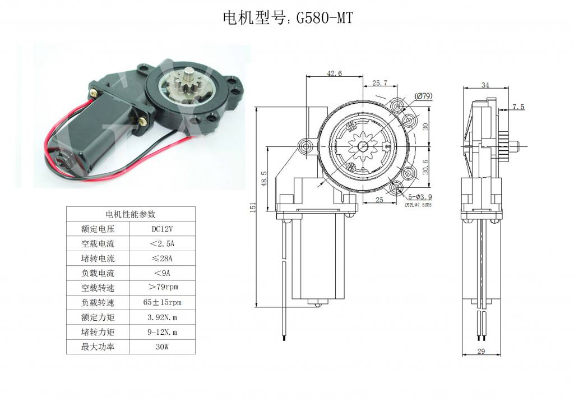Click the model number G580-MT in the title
pyautogui.click(x=324, y=18)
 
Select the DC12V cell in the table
pyautogui.click(x=163, y=229)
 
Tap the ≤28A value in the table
pyautogui.click(x=163, y=259)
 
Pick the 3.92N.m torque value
pyautogui.click(x=163, y=317)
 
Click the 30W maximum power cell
pyautogui.click(x=163, y=347)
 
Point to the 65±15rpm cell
pyautogui.click(x=163, y=303)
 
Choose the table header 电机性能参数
pyautogui.click(x=131, y=214)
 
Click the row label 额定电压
pyautogui.click(x=98, y=229)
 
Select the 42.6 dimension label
pyautogui.click(x=334, y=73)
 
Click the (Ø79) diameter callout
pyautogui.click(x=423, y=96)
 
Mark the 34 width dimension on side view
pyautogui.click(x=485, y=85)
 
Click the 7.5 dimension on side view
pyautogui.click(x=519, y=107)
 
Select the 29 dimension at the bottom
pyautogui.click(x=480, y=352)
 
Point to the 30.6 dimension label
pyautogui.click(x=425, y=167)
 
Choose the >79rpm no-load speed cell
pyautogui.click(x=163, y=288)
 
